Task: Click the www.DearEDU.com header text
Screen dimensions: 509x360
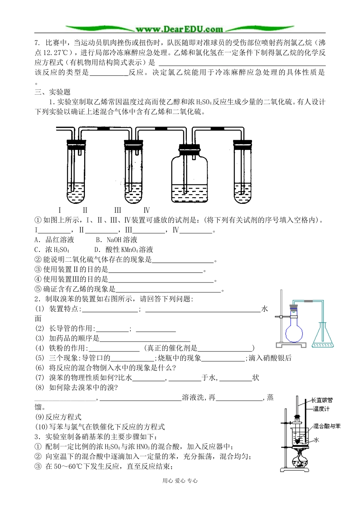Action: (x=179, y=29)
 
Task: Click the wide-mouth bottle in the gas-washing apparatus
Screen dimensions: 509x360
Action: (x=189, y=176)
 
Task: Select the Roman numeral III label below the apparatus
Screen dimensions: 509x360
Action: (x=117, y=210)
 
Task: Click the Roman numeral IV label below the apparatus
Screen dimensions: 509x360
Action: (x=147, y=210)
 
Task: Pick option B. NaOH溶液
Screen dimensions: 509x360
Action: (x=116, y=240)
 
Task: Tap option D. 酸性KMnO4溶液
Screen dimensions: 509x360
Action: (x=124, y=250)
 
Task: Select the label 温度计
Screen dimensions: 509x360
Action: (x=321, y=409)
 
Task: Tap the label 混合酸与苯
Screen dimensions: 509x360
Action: (x=327, y=426)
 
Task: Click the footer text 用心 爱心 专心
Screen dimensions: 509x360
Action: (x=180, y=481)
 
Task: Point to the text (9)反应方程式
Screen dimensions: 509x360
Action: (x=58, y=417)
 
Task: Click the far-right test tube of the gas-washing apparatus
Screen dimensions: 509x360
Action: (x=243, y=172)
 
